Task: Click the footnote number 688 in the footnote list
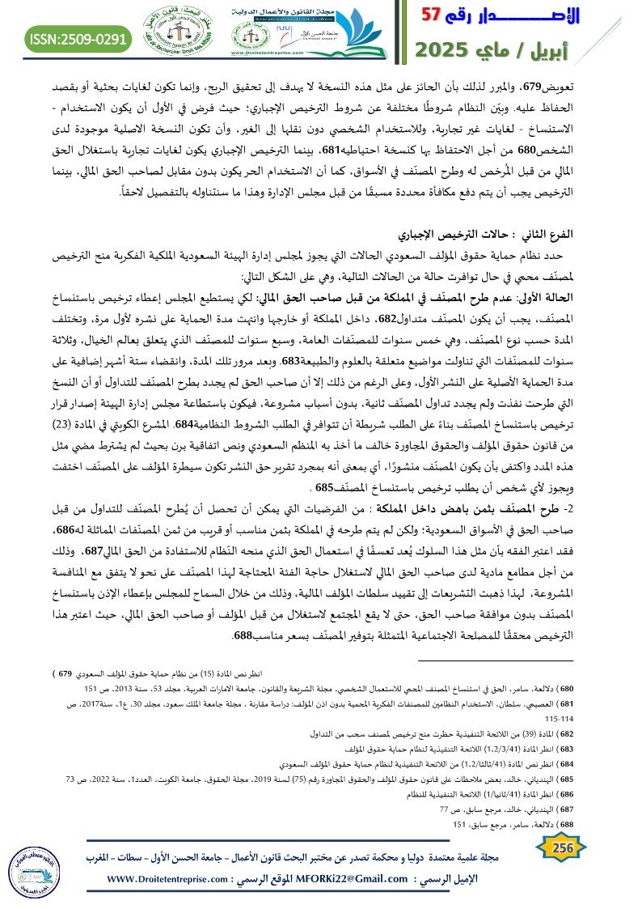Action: click(x=612, y=824)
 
